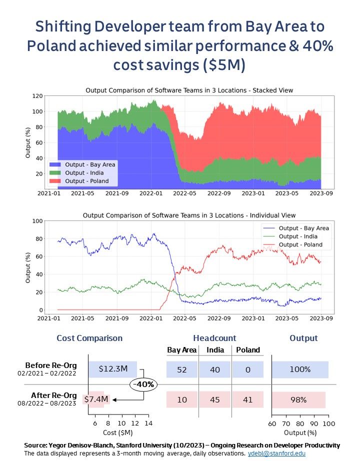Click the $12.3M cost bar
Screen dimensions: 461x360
point(113,369)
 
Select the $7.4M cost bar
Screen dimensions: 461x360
point(96,399)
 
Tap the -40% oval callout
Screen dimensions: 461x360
point(143,384)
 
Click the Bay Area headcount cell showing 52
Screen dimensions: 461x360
point(181,369)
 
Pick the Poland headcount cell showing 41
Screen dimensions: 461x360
point(247,400)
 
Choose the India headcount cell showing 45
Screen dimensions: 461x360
point(214,400)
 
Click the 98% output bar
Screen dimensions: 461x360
point(298,400)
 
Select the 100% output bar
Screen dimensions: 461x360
point(300,369)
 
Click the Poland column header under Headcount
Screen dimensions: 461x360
point(247,350)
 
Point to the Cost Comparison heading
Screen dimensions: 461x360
point(89,338)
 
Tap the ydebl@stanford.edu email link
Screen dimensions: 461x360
point(276,453)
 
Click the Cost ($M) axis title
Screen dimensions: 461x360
point(119,432)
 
